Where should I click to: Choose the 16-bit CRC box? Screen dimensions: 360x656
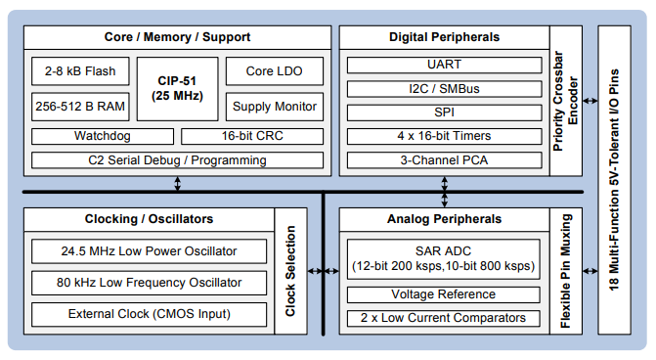tap(246, 136)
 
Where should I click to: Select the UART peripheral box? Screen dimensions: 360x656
tap(445, 65)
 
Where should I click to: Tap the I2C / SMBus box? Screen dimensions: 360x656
tap(445, 88)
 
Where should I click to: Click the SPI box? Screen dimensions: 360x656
tap(445, 112)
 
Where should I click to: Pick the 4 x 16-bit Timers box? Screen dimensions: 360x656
tap(445, 135)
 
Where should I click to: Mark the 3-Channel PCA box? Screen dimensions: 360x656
tap(445, 158)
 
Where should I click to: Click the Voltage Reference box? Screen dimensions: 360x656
tap(445, 294)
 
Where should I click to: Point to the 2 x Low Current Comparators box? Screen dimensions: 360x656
tap(445, 318)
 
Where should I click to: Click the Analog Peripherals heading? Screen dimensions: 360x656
tap(445, 219)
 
